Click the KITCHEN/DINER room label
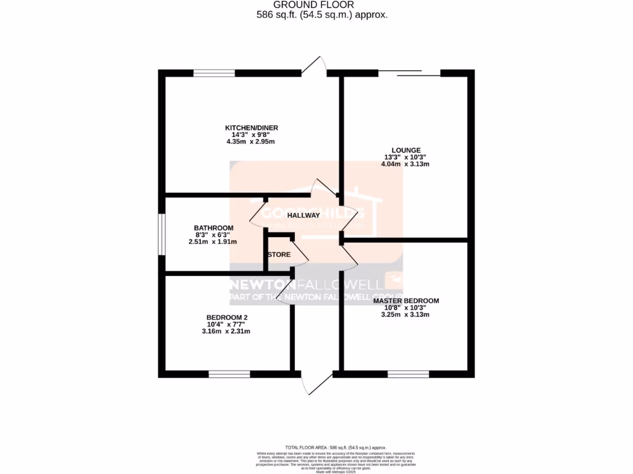(x=250, y=128)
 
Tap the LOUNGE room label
(x=406, y=150)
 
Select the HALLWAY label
(x=303, y=215)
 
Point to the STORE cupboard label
(x=279, y=254)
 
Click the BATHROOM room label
(x=213, y=228)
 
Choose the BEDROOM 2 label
(x=227, y=317)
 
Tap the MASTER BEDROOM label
(x=406, y=301)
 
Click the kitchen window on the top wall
(x=214, y=73)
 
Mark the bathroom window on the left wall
(x=161, y=234)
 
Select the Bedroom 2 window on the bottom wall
(x=229, y=374)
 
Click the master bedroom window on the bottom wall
(x=408, y=374)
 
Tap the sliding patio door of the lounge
(x=409, y=73)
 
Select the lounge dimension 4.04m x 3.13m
(x=406, y=164)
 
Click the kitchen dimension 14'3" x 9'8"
(x=250, y=135)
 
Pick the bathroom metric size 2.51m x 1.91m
(x=213, y=242)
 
